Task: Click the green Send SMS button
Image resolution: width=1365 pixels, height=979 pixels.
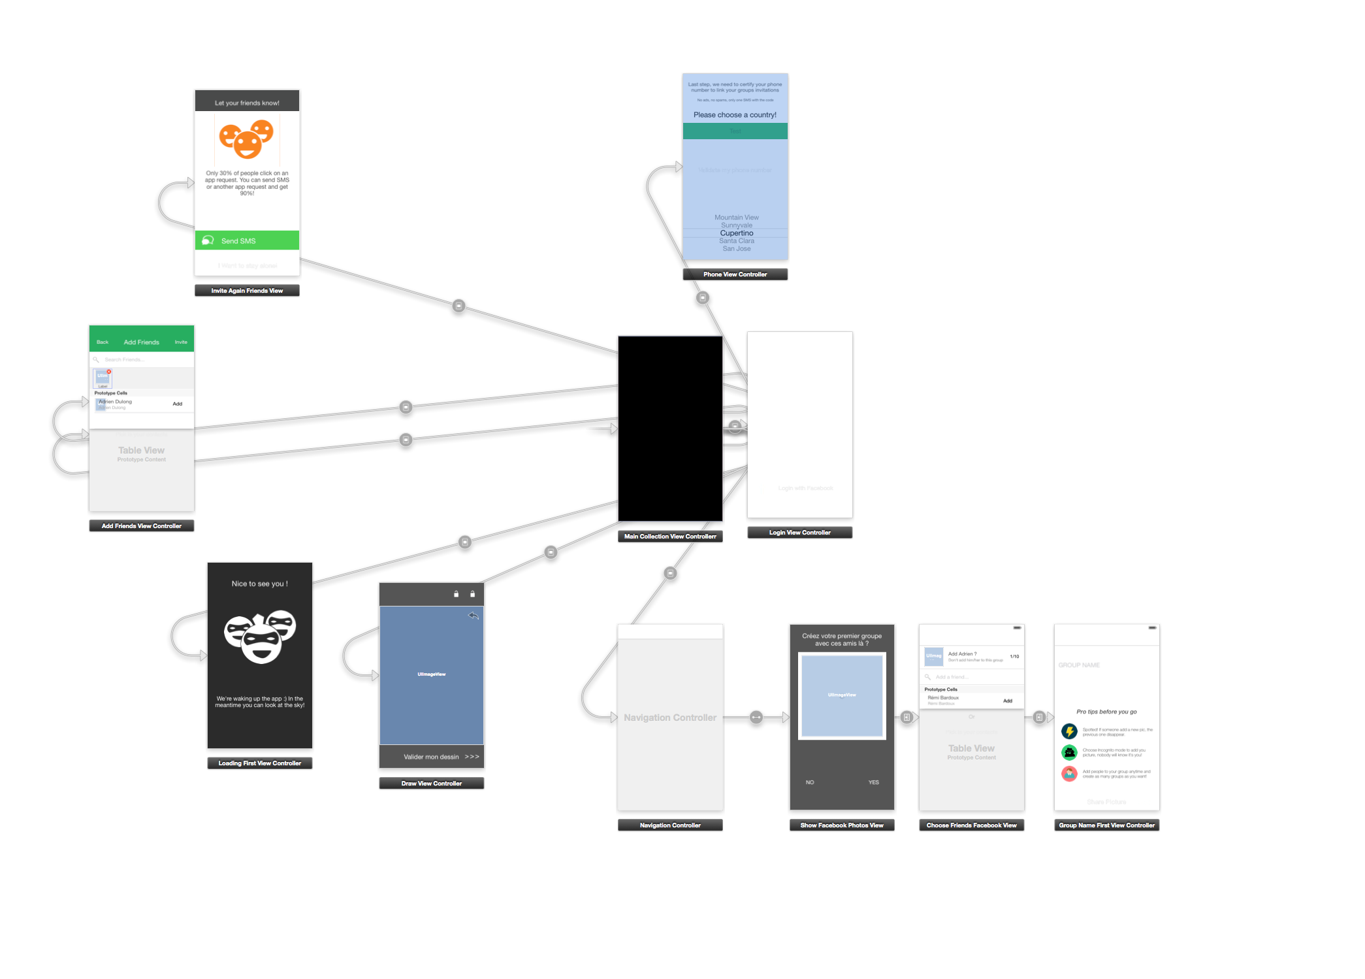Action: [247, 241]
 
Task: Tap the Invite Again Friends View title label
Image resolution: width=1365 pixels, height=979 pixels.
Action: [247, 291]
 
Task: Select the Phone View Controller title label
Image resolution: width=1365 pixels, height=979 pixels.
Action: [735, 274]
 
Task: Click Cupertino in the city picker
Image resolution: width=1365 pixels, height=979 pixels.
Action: [736, 233]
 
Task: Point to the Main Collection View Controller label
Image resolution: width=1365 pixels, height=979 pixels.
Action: [670, 537]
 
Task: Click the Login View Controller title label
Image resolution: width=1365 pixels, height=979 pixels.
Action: [799, 533]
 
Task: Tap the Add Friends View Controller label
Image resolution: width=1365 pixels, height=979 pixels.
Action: [142, 526]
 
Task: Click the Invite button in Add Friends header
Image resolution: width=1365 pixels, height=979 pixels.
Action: [181, 342]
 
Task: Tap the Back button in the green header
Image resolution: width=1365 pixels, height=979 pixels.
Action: [103, 342]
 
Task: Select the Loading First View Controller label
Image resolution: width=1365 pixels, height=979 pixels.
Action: [259, 763]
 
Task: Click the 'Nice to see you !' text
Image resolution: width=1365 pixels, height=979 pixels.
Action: [259, 584]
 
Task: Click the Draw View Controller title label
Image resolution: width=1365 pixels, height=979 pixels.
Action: [431, 784]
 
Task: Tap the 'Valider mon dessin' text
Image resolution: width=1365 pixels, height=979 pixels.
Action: [431, 757]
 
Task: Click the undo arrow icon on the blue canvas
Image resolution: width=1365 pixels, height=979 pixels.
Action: [474, 616]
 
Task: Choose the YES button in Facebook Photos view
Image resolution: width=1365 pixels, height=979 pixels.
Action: [873, 782]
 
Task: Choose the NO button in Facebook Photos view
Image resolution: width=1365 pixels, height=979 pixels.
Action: [810, 782]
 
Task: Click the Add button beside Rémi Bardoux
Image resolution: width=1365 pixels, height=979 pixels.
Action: [1007, 701]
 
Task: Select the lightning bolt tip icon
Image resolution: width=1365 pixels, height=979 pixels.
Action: [1069, 731]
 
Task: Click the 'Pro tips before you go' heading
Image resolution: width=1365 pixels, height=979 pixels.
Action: [1106, 712]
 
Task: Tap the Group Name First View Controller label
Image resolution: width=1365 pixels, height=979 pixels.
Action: [1106, 825]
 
